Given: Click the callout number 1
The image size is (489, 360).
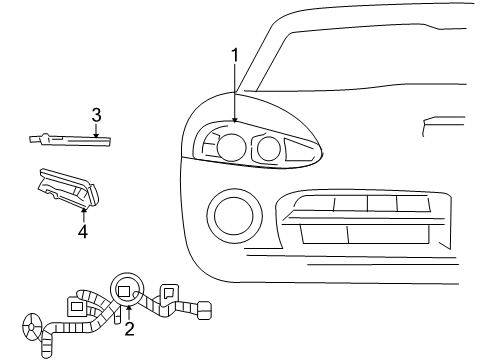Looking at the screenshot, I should click(x=235, y=54).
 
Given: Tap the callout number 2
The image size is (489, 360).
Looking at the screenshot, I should click(x=129, y=329).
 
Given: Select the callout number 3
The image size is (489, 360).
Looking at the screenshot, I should click(x=95, y=114).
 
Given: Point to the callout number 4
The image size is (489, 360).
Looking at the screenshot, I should click(x=83, y=232).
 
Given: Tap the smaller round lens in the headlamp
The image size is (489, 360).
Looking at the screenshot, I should click(x=267, y=149).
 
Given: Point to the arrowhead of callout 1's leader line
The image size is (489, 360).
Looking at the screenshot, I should click(x=235, y=123).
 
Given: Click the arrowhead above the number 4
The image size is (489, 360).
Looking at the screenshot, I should click(x=83, y=210).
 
